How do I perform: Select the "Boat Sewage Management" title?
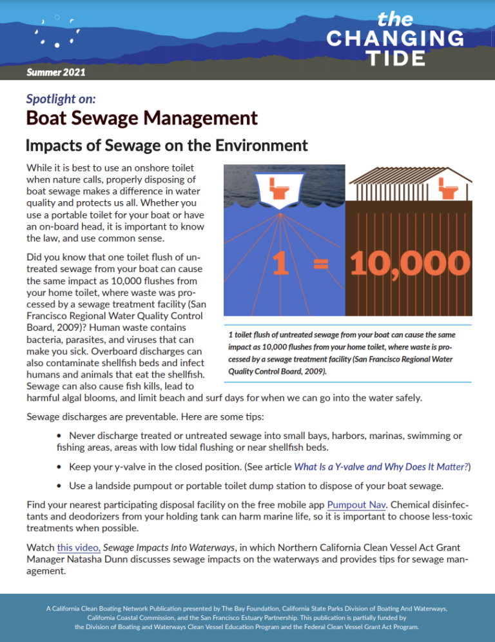(x=142, y=119)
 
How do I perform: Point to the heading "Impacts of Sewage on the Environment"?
(x=166, y=145)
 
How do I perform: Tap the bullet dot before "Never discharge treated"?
(x=60, y=437)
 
